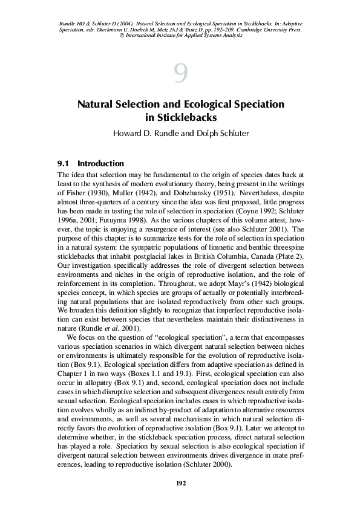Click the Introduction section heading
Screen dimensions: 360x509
(x=100, y=163)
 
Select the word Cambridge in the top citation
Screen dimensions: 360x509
(x=248, y=29)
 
